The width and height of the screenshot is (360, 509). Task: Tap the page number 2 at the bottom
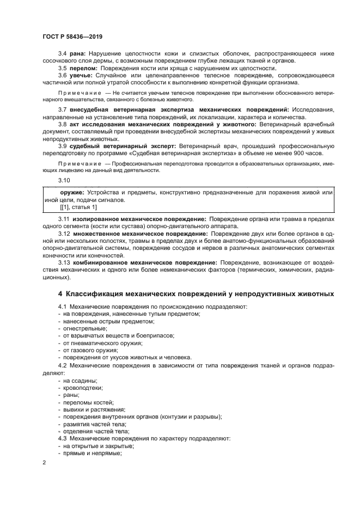pos(44,463)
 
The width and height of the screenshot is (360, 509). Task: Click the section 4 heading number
pos(61,294)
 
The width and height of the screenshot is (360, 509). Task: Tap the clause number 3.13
pos(64,262)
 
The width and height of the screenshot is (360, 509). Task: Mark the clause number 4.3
pos(62,438)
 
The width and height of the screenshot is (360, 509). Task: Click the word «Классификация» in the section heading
pos(94,294)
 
